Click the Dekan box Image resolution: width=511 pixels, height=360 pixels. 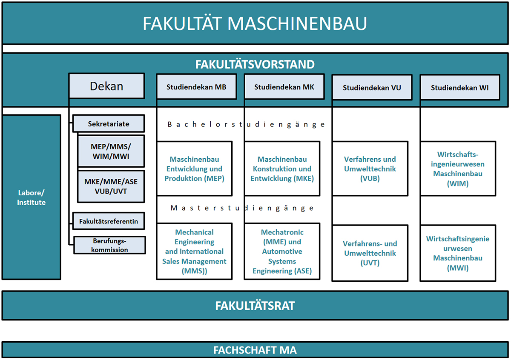pyautogui.click(x=106, y=86)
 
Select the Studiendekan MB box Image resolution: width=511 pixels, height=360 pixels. pyautogui.click(x=196, y=87)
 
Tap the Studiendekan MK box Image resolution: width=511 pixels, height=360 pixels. pyautogui.click(x=284, y=87)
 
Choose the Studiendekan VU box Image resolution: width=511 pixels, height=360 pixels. pyautogui.click(x=372, y=87)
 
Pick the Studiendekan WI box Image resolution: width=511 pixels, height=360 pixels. pyautogui.click(x=460, y=87)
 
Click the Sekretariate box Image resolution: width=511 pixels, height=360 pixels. pyautogui.click(x=109, y=123)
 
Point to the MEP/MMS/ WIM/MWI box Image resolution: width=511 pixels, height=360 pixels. pyautogui.click(x=111, y=151)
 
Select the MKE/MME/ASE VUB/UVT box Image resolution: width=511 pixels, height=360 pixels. pyautogui.click(x=111, y=186)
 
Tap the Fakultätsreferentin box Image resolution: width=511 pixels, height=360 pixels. pyautogui.click(x=109, y=221)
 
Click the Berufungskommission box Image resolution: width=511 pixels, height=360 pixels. pyautogui.click(x=110, y=245)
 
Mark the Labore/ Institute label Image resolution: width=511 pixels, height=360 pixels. pyautogui.click(x=31, y=197)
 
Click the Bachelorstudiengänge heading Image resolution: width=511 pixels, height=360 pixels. pyautogui.click(x=246, y=125)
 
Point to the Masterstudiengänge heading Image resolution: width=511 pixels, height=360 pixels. pyautogui.click(x=242, y=208)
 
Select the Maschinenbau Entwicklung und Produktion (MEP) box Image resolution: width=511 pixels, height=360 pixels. pyautogui.click(x=194, y=169)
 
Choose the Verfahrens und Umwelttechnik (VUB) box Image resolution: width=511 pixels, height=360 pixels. pyautogui.click(x=370, y=169)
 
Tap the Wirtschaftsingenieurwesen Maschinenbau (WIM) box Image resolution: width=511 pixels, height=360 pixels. pyautogui.click(x=458, y=169)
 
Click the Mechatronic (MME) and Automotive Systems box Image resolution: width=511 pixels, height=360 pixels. pyautogui.click(x=282, y=251)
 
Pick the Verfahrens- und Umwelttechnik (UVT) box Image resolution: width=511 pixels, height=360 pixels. pyautogui.click(x=370, y=253)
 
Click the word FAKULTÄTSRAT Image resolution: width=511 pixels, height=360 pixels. pyautogui.click(x=255, y=306)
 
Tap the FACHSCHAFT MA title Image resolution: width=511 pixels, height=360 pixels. pyautogui.click(x=255, y=350)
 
